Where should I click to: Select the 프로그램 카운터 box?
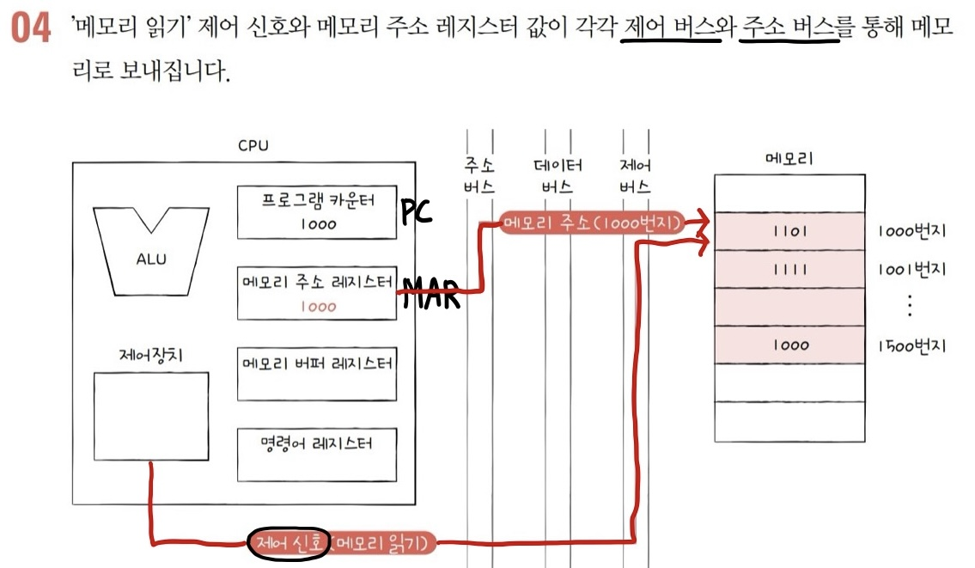pyautogui.click(x=317, y=212)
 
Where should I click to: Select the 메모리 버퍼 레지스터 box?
pyautogui.click(x=317, y=373)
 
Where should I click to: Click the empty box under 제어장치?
pyautogui.click(x=151, y=416)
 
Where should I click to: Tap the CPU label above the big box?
pyautogui.click(x=253, y=146)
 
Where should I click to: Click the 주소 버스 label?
pyautogui.click(x=478, y=175)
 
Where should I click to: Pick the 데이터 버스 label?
pyautogui.click(x=558, y=175)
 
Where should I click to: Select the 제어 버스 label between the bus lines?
pyautogui.click(x=635, y=175)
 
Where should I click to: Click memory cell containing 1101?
pyautogui.click(x=789, y=232)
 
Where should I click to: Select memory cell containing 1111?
pyautogui.click(x=789, y=269)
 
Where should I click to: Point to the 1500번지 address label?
pyautogui.click(x=911, y=345)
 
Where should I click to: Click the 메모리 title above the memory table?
pyautogui.click(x=789, y=159)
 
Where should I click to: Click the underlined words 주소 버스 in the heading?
pyautogui.click(x=788, y=29)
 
